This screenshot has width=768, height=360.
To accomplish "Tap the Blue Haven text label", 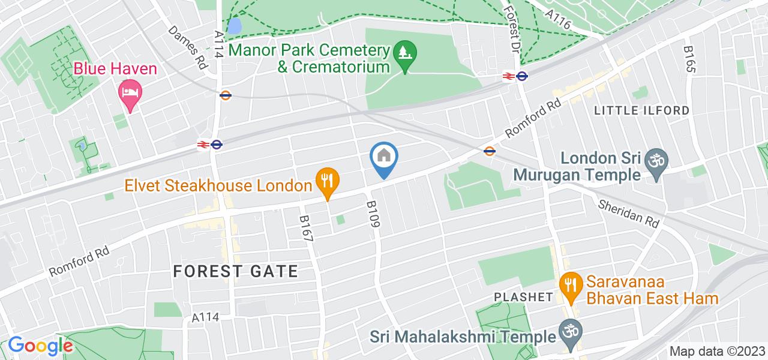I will [x=115, y=69].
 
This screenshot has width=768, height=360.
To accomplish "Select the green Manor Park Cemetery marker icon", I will [x=405, y=55].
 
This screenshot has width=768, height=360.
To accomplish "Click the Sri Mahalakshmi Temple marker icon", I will [x=567, y=332].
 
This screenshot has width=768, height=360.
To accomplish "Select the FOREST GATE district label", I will [x=235, y=271].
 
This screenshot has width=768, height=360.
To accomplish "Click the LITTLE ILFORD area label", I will [x=641, y=110].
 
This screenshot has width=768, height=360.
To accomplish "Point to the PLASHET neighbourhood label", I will [x=523, y=297].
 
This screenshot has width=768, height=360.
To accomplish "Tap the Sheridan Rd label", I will [x=628, y=212].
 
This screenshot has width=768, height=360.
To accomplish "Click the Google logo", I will [x=40, y=346].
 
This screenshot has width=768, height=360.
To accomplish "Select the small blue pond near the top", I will [x=236, y=26].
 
